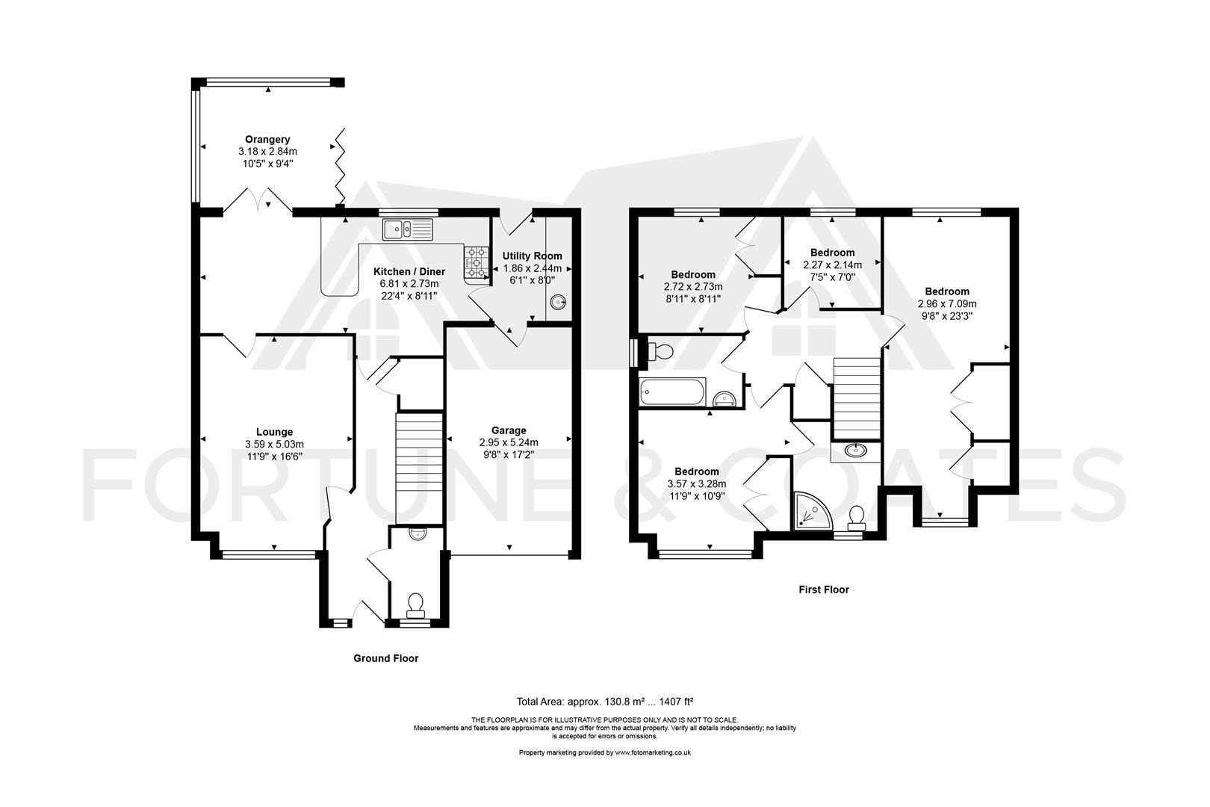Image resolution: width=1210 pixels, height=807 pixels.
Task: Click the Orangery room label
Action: click(267, 140)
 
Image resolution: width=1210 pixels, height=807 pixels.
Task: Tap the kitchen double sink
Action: click(407, 229)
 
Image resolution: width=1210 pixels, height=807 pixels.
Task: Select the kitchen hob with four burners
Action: click(476, 263)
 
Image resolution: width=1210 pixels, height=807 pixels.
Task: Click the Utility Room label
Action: click(532, 256)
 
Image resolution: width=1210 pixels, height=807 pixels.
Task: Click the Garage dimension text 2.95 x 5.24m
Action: click(509, 442)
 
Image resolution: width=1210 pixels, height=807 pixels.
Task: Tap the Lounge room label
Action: click(274, 432)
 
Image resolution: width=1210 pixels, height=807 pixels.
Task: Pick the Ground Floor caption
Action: click(385, 658)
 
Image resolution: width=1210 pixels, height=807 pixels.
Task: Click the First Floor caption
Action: click(824, 590)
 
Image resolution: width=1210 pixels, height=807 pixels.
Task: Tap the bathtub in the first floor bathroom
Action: click(672, 392)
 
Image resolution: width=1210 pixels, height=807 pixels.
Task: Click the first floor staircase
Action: click(857, 398)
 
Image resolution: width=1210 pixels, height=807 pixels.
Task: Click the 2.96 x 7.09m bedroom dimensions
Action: click(947, 304)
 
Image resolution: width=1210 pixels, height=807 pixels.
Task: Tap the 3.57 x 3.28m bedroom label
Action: click(696, 471)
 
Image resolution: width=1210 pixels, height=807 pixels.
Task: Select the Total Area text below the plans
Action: click(605, 702)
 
